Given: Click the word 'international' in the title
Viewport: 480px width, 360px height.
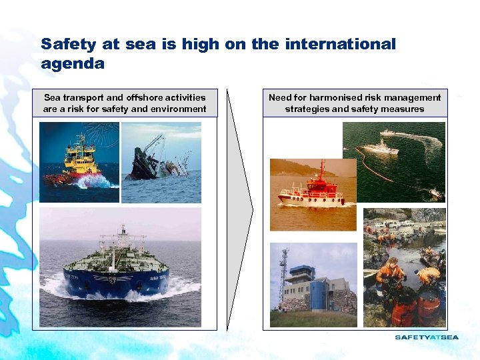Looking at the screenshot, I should coord(340,45).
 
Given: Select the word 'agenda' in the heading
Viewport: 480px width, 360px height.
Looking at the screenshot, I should coord(73,64).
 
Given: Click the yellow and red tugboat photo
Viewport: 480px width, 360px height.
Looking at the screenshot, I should coord(79,162).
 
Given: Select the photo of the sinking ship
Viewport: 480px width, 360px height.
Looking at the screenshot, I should coord(161,162).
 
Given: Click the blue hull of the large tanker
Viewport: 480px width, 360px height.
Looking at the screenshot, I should coord(117,280).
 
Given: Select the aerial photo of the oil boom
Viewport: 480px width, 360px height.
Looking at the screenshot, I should coord(393,161).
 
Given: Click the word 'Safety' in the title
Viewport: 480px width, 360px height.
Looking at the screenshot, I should coord(67,45).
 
